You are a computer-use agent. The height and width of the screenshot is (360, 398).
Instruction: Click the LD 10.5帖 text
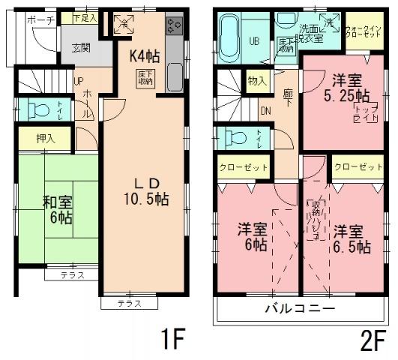point(145,191)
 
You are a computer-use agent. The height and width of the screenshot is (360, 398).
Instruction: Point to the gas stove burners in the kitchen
point(173,27)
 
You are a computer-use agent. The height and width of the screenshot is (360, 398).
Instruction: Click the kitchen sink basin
point(173,76)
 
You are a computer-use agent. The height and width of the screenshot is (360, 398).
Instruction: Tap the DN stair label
point(264,110)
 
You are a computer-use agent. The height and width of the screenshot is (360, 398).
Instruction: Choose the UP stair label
point(78,83)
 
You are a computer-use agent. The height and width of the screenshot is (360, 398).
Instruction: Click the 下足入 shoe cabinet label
point(84,16)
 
